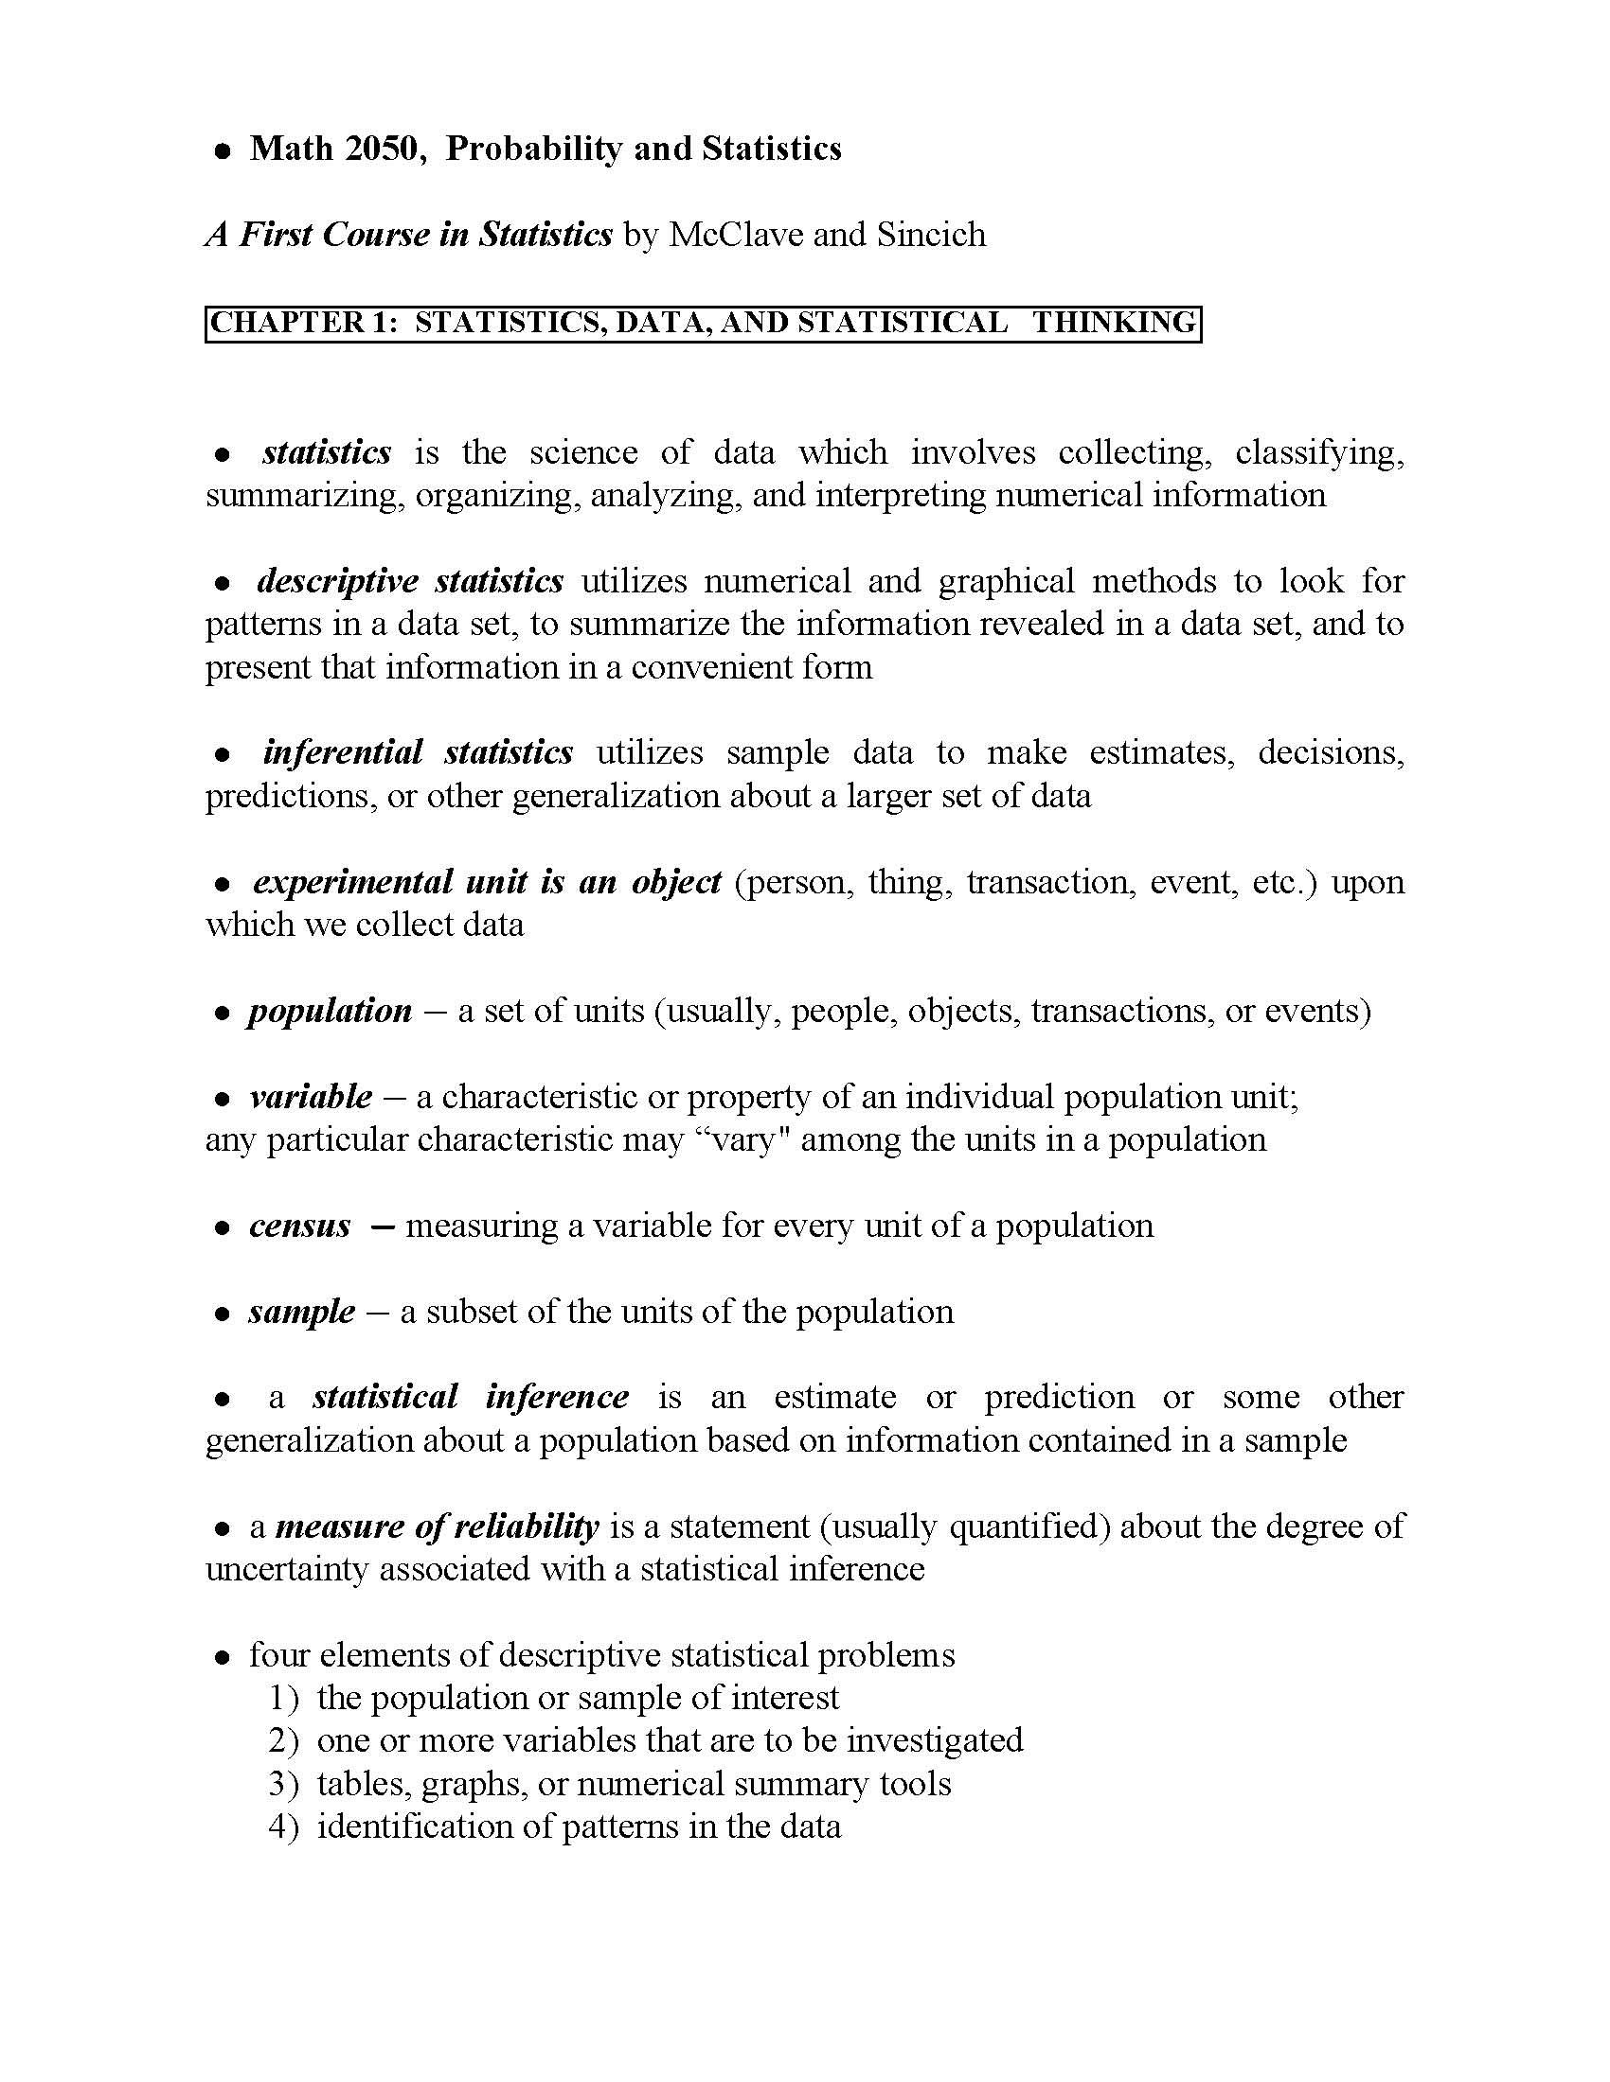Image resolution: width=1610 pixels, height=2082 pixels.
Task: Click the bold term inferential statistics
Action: point(418,752)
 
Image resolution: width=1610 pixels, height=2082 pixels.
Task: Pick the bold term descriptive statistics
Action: point(410,580)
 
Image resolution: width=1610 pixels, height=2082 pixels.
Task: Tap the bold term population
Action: point(330,1011)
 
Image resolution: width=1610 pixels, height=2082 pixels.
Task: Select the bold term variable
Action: point(310,1096)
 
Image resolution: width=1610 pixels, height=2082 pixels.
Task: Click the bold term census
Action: point(299,1225)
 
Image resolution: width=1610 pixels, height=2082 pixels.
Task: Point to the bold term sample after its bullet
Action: point(301,1312)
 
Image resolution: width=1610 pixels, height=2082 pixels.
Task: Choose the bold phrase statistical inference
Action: point(471,1397)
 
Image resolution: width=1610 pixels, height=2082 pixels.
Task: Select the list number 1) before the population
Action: point(284,1698)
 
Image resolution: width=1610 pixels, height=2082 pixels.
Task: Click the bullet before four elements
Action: point(223,1657)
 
